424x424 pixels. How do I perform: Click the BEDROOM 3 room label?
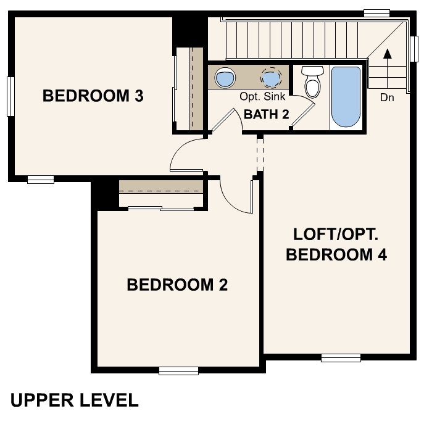point(93,96)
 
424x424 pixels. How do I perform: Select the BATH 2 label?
point(267,114)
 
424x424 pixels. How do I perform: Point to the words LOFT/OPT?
point(336,235)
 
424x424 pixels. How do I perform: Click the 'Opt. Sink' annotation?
point(262,97)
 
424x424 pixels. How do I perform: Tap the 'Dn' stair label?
point(387,98)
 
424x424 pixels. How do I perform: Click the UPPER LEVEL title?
point(74,400)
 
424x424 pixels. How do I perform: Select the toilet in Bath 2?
point(313,83)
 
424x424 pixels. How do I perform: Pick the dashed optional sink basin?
point(270,78)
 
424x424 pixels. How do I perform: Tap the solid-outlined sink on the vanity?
point(225,78)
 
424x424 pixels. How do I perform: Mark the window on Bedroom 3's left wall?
point(10,96)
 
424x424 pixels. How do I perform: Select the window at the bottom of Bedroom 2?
point(178,371)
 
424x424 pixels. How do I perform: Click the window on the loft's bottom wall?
point(341,357)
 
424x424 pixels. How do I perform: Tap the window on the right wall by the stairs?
point(414,48)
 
